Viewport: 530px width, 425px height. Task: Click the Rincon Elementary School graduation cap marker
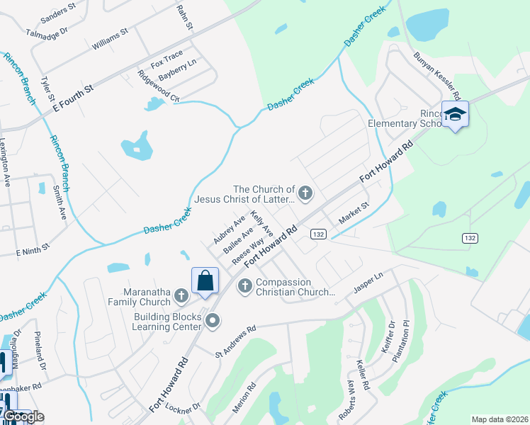pos(455,114)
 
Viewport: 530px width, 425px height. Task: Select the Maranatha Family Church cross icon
pos(181,295)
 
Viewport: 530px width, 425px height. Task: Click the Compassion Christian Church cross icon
pos(245,286)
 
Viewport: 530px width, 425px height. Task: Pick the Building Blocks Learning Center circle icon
pos(213,322)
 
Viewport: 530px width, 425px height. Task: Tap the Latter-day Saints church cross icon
pos(305,193)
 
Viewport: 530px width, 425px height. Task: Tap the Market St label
pos(354,214)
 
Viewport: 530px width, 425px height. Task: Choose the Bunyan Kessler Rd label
pos(437,79)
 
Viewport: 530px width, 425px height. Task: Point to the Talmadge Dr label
pos(46,33)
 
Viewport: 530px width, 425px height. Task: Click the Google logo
pos(23,416)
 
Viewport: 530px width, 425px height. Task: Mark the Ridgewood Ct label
pos(158,86)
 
